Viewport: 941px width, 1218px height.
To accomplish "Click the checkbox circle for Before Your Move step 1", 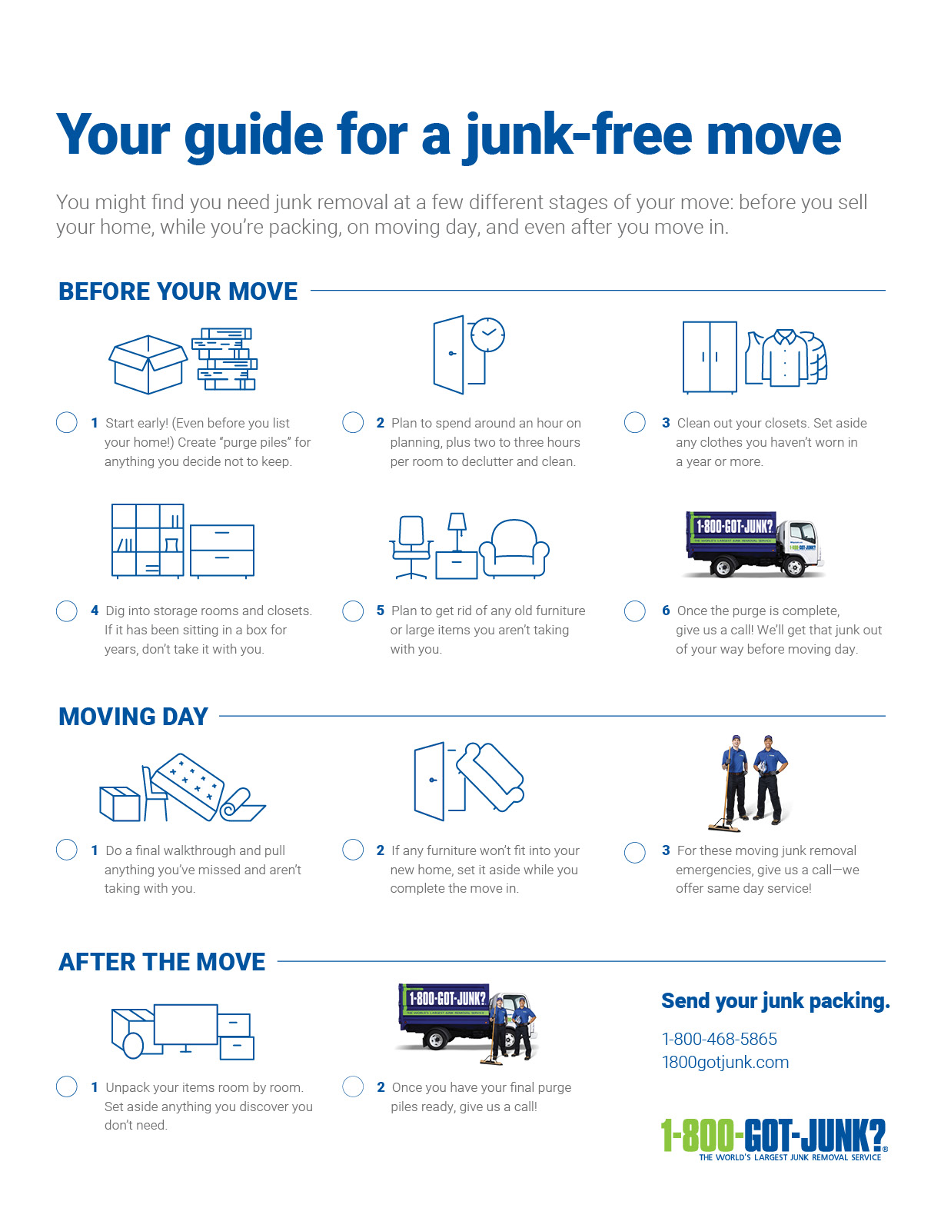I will tap(67, 422).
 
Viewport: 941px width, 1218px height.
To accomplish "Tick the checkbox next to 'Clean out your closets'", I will tap(635, 422).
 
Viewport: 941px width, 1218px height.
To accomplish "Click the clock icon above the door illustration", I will tap(487, 334).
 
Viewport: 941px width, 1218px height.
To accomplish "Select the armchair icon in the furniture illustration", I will tap(514, 548).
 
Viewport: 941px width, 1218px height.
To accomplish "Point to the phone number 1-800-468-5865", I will tap(719, 1039).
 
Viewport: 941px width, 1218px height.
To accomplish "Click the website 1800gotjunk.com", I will tap(725, 1062).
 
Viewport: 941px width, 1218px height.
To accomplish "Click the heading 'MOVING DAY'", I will tap(133, 717).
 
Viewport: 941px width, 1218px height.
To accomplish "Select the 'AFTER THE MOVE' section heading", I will tap(161, 962).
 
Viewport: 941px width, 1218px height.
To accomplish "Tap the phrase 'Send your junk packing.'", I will tap(775, 1001).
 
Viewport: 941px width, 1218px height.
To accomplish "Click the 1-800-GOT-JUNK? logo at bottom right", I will tap(773, 1138).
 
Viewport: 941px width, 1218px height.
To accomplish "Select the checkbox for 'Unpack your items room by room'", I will tap(67, 1087).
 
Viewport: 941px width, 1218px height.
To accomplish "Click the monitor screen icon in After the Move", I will tap(185, 1024).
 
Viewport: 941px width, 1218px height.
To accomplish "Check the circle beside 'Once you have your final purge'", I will tap(353, 1087).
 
